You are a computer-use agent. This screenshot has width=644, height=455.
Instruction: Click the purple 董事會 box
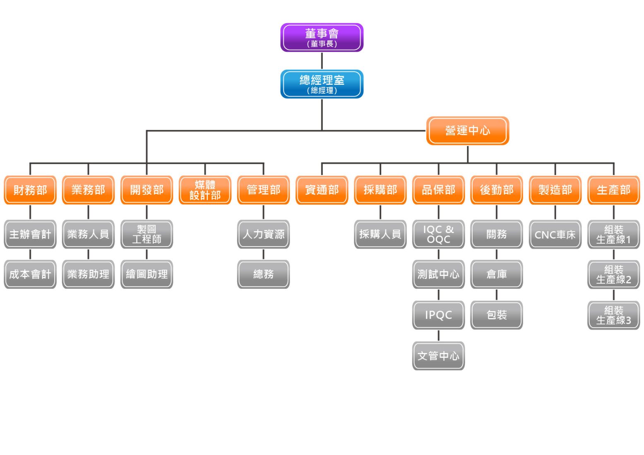pyautogui.click(x=322, y=38)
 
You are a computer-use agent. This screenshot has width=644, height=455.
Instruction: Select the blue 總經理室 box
pyautogui.click(x=322, y=84)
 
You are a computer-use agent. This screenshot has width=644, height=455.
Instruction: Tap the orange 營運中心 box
pyautogui.click(x=467, y=131)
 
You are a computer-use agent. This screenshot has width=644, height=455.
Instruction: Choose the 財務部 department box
pyautogui.click(x=30, y=190)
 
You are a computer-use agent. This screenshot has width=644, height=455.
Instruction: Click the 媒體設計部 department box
pyautogui.click(x=205, y=190)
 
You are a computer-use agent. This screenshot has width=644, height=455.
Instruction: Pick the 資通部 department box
pyautogui.click(x=322, y=190)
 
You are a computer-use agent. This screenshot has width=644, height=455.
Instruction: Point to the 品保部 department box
pyautogui.click(x=438, y=190)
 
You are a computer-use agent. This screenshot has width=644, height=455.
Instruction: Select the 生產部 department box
pyautogui.click(x=613, y=190)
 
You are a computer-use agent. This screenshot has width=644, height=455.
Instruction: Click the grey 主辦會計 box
pyautogui.click(x=30, y=234)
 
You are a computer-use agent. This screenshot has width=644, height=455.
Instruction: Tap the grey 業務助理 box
pyautogui.click(x=88, y=274)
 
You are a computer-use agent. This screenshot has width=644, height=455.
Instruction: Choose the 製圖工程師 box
pyautogui.click(x=147, y=234)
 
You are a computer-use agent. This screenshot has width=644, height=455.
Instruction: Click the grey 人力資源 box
pyautogui.click(x=263, y=234)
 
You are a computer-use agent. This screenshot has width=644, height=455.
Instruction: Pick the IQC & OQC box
pyautogui.click(x=438, y=234)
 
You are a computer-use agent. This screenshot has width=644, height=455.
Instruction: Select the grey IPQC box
pyautogui.click(x=438, y=315)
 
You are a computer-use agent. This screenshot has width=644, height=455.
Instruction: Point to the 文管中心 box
pyautogui.click(x=438, y=355)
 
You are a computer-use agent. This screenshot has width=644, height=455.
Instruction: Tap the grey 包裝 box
pyautogui.click(x=497, y=315)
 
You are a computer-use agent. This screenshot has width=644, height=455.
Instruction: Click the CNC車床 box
pyautogui.click(x=555, y=234)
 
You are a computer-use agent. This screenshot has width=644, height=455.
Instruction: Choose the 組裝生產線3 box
pyautogui.click(x=613, y=315)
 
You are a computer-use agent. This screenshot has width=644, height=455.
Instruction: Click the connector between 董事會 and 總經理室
pyautogui.click(x=322, y=61)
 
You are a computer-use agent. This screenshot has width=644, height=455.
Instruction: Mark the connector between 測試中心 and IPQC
pyautogui.click(x=439, y=295)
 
